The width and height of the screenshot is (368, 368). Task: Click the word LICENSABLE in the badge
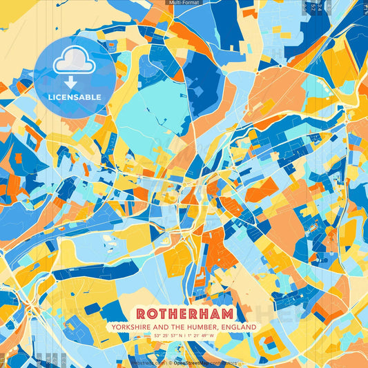click(x=75, y=97)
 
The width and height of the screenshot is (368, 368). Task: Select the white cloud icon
click(x=75, y=61)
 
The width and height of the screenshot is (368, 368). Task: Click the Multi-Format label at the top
click(x=184, y=3)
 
